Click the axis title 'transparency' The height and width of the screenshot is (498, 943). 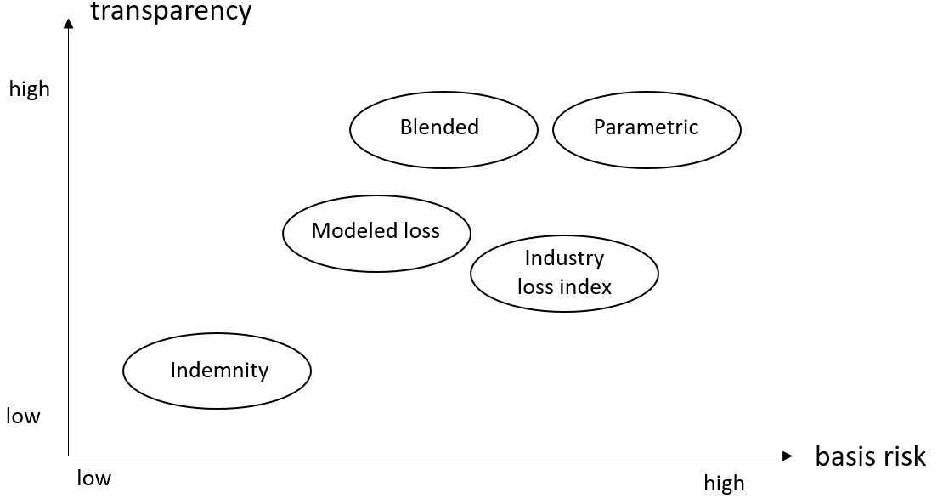tap(172, 11)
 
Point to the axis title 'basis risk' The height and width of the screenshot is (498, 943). tap(870, 456)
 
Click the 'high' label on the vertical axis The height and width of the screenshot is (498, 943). tap(30, 89)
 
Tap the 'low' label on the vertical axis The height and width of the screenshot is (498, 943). tap(24, 416)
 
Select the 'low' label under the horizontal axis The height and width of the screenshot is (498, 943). tap(94, 478)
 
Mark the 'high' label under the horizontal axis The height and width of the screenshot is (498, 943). tap(724, 483)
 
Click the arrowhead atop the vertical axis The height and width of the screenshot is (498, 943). tap(69, 23)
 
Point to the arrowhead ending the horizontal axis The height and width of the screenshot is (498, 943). tap(788, 456)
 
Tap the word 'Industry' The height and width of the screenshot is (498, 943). tap(564, 258)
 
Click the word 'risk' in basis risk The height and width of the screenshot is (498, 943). tap(904, 456)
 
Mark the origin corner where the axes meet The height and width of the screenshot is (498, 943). tap(69, 456)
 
